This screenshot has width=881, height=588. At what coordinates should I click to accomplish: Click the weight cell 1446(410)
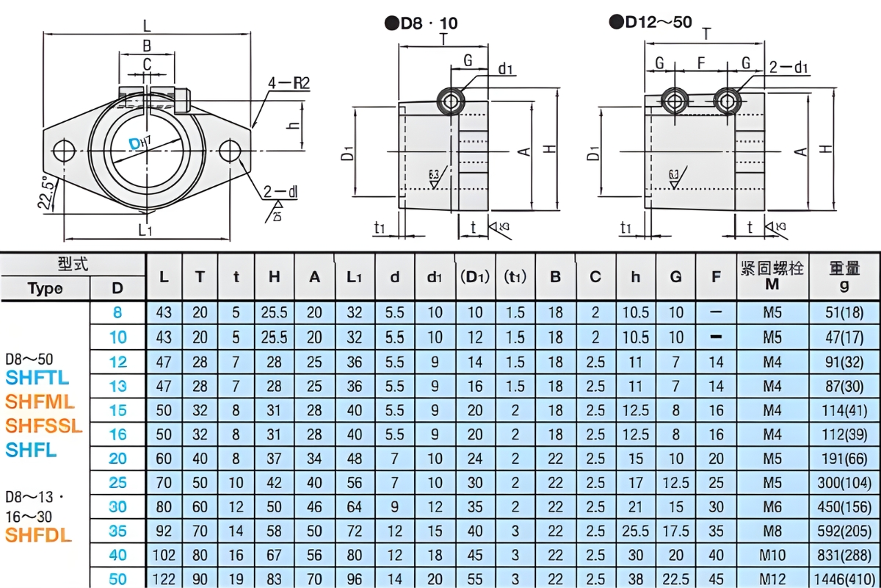click(845, 578)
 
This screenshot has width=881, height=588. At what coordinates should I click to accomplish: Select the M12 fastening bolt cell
click(772, 578)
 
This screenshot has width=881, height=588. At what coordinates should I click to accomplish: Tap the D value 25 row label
click(117, 482)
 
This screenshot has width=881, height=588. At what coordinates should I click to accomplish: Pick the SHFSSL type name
click(44, 426)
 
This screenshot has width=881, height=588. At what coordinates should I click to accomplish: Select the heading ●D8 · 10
click(421, 24)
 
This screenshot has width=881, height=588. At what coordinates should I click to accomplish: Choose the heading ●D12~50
click(650, 22)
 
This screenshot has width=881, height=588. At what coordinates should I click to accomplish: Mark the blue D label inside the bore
click(134, 143)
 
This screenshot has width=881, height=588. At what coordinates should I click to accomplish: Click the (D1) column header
click(475, 277)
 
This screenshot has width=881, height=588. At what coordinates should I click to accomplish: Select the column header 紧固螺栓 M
click(772, 276)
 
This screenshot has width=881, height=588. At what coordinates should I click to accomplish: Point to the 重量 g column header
click(844, 276)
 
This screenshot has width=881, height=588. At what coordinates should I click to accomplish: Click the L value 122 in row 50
click(164, 578)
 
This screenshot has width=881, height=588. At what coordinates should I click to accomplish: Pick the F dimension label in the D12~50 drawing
click(701, 63)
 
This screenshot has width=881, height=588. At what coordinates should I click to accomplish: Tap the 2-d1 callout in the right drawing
click(788, 68)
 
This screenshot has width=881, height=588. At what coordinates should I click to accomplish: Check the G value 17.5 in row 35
click(675, 531)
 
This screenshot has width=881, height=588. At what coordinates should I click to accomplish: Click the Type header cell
click(46, 288)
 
